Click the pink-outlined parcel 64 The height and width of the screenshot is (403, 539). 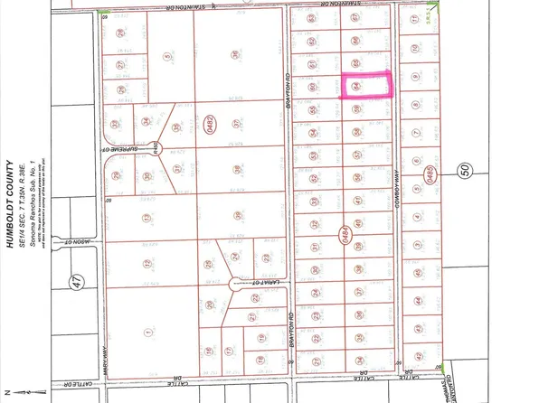coord(366,86)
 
